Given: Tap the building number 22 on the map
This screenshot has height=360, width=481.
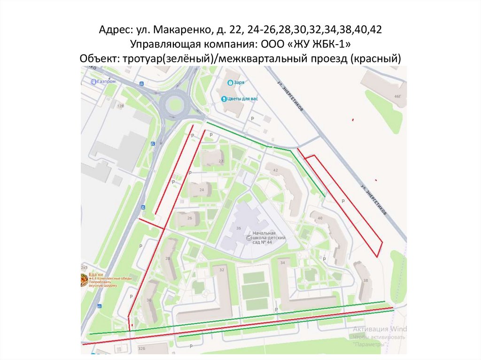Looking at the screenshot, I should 221,161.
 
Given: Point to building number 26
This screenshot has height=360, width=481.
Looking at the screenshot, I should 190,218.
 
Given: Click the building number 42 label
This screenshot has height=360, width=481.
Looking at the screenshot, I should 275,170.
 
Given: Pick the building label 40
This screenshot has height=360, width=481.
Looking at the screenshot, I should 320,218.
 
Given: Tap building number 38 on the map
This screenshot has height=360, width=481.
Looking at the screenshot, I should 365,281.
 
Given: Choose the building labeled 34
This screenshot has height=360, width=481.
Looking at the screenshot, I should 282,263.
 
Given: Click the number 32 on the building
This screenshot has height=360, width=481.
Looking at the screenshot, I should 222,270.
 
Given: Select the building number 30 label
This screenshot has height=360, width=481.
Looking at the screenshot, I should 148,300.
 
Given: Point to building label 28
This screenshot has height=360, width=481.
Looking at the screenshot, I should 167,259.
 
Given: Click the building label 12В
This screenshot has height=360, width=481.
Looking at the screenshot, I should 121,106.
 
